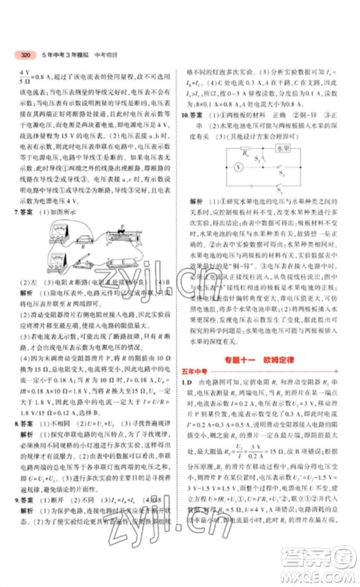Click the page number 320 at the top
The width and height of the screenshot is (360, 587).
point(25,55)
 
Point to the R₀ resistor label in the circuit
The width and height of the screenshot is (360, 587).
point(247,154)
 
